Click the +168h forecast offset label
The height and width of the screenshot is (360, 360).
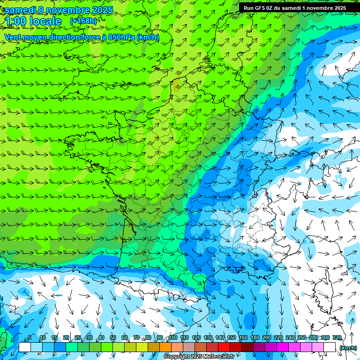[83, 21]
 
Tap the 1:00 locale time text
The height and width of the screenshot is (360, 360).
[33, 21]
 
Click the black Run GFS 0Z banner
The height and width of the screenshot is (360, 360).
[295, 8]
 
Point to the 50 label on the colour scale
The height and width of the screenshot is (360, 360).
[112, 338]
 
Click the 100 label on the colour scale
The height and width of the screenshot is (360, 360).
[173, 338]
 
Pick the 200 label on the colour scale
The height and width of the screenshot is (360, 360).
[266, 338]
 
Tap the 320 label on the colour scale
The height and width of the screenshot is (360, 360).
[337, 338]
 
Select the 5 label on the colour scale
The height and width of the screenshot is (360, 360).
[30, 338]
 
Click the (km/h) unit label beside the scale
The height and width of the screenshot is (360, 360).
[348, 347]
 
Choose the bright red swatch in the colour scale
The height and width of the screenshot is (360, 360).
[224, 347]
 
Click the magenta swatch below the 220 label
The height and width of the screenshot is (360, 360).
[283, 347]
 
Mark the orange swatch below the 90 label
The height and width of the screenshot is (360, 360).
[165, 347]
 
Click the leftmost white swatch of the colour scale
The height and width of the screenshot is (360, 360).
[24, 347]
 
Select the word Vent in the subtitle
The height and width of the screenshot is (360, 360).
[14, 37]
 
